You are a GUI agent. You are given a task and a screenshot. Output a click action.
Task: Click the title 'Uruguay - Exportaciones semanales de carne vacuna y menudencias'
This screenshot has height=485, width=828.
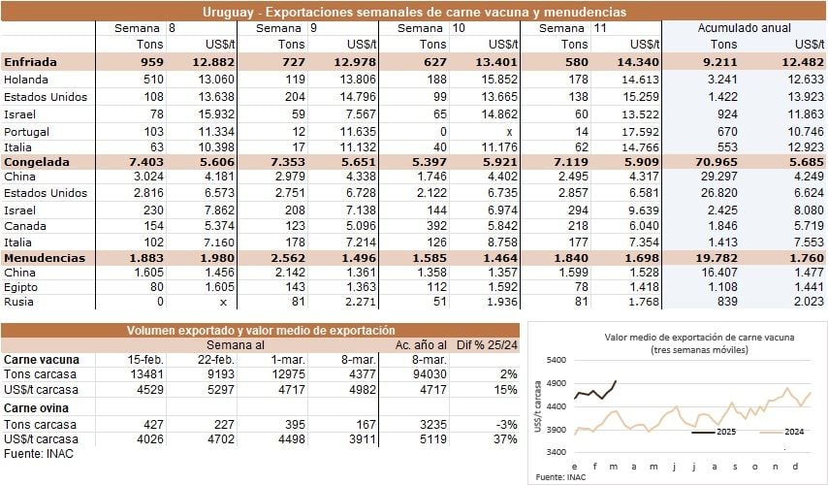[414, 12]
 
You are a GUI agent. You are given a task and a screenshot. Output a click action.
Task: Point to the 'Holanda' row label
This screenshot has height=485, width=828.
[27, 79]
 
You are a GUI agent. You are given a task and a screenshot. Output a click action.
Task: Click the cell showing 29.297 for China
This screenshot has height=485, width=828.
[717, 176]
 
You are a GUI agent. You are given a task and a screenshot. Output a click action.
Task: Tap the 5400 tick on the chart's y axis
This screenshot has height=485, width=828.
[557, 360]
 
